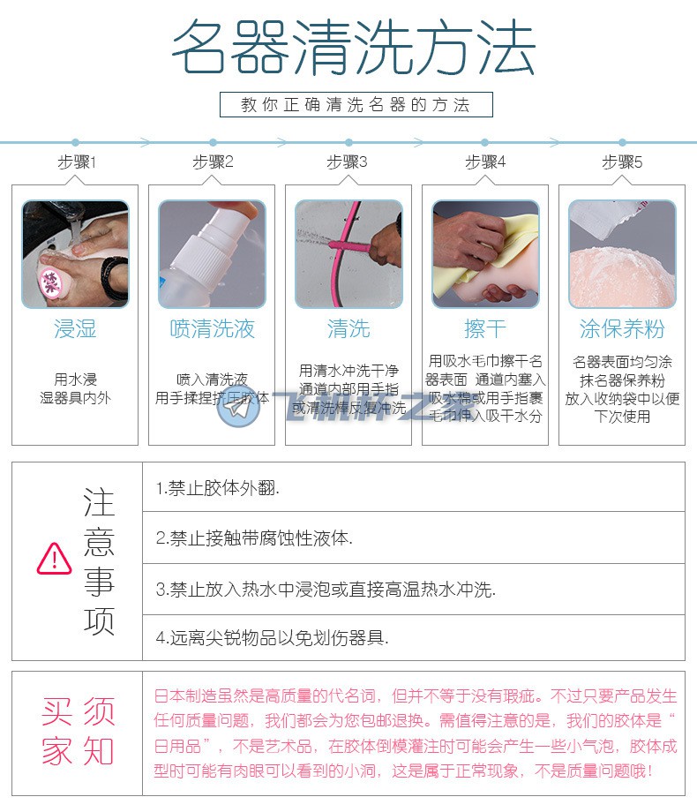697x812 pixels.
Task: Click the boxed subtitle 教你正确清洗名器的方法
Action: [x=356, y=104]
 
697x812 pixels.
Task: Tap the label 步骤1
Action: [x=77, y=162]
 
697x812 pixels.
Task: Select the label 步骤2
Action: [x=213, y=162]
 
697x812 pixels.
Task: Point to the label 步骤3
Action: [x=347, y=162]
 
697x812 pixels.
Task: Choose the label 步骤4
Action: [x=485, y=162]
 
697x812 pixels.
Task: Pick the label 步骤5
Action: [x=622, y=162]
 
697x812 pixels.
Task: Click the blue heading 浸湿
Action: [x=75, y=329]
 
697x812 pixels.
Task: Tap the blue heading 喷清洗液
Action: [x=212, y=329]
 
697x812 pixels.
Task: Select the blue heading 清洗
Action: [x=348, y=329]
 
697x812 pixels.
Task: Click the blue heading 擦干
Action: [x=485, y=329]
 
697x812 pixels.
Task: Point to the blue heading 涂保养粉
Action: [x=622, y=329]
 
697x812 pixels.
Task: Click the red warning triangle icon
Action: [x=55, y=558]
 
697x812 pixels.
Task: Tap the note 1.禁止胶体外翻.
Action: [x=218, y=487]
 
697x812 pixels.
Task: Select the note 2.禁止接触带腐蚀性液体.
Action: [x=253, y=538]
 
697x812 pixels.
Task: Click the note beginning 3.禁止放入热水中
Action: [x=326, y=589]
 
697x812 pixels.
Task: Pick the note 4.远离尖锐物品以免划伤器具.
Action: [x=272, y=637]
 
